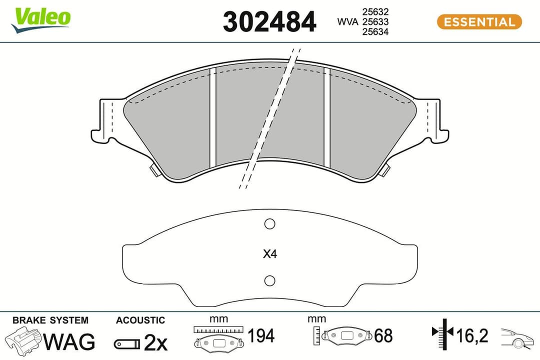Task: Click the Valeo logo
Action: click(x=42, y=19)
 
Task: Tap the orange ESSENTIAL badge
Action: click(x=479, y=22)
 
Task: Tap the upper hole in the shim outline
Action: click(x=270, y=224)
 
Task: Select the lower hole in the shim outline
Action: click(x=270, y=280)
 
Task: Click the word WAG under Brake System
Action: click(x=69, y=342)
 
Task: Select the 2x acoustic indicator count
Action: click(x=155, y=343)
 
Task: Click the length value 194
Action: click(x=261, y=336)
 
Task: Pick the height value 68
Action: click(x=383, y=336)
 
